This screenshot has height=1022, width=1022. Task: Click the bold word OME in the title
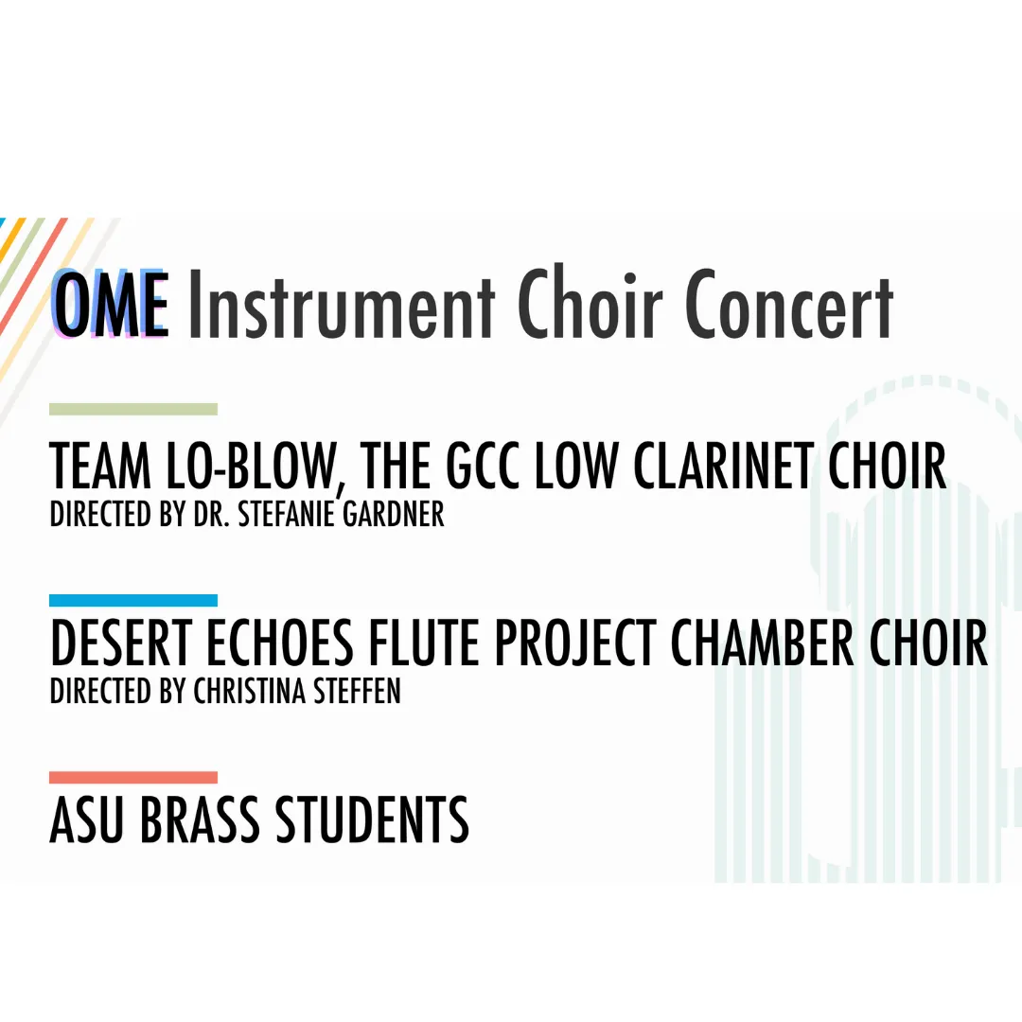(111, 305)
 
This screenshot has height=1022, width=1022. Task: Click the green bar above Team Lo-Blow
(133, 410)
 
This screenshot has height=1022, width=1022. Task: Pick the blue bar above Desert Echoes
(133, 600)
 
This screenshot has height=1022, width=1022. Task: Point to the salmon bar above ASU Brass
(133, 777)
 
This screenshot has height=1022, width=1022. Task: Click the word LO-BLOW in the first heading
(255, 467)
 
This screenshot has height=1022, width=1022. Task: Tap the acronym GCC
(483, 466)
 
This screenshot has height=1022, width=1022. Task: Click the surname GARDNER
(393, 514)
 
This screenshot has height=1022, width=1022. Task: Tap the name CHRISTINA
(250, 691)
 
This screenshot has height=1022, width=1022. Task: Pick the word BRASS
(200, 819)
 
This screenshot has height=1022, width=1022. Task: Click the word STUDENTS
(372, 819)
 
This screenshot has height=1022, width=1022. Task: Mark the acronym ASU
(87, 819)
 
